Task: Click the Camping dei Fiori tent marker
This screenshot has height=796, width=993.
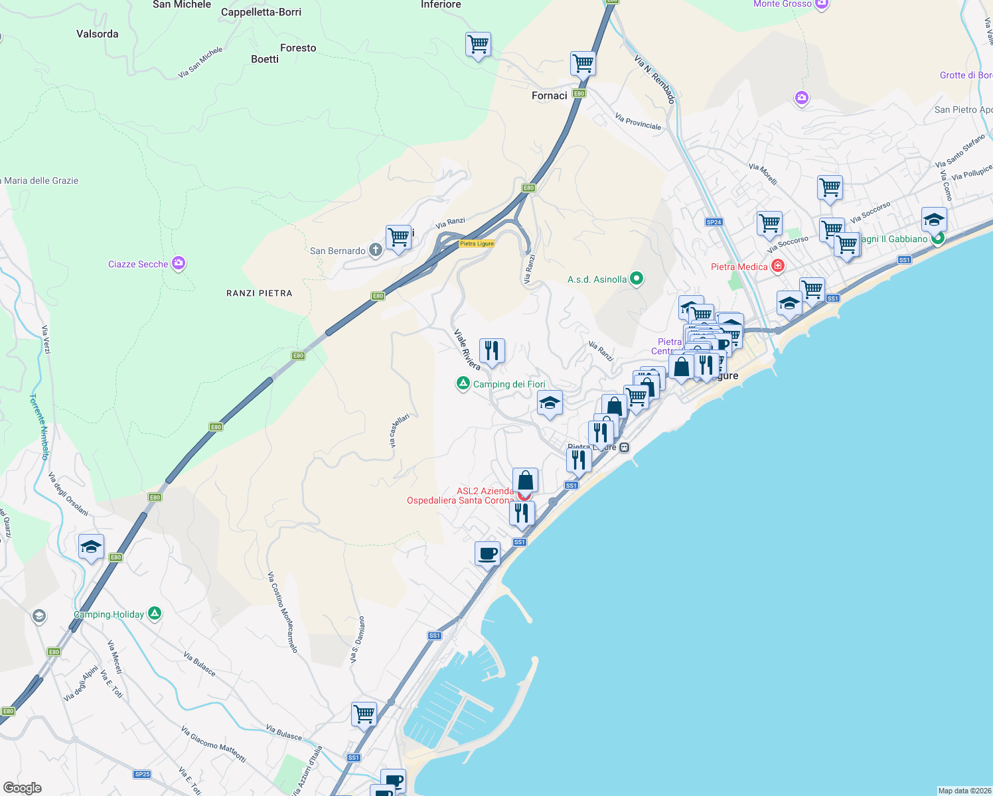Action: [463, 383]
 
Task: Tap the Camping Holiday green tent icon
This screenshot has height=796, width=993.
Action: [154, 614]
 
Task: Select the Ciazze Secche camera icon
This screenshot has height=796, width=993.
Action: [178, 263]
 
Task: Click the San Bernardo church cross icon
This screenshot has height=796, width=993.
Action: [375, 250]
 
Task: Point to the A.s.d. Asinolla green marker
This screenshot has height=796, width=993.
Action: [636, 278]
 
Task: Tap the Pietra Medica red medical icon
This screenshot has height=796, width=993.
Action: [777, 266]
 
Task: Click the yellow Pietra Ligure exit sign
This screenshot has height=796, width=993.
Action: [477, 243]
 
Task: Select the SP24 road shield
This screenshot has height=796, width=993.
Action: [714, 222]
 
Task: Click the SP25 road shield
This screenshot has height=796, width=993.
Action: [142, 774]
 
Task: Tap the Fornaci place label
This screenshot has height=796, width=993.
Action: [550, 96]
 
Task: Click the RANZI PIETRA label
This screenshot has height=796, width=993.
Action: [259, 293]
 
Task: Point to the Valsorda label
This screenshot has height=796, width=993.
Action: [98, 34]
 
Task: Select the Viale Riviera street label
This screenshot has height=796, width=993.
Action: [467, 350]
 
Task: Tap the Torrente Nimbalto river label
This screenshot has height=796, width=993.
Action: [40, 427]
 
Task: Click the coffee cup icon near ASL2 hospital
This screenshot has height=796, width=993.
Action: [487, 553]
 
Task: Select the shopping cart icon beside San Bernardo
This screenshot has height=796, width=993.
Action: [398, 237]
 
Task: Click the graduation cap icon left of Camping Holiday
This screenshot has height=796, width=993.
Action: [91, 547]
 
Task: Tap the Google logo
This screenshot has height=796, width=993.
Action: [23, 787]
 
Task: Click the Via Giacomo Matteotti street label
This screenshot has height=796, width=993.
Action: [213, 744]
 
